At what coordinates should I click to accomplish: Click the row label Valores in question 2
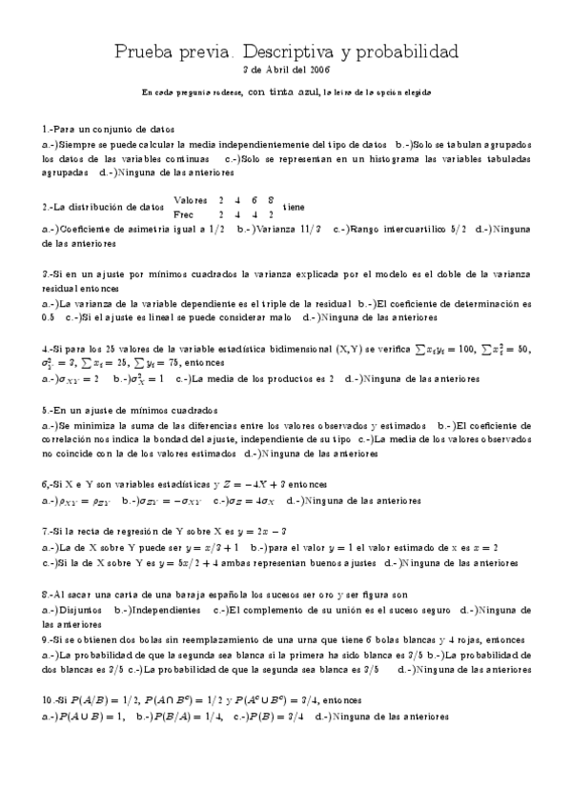click(x=191, y=200)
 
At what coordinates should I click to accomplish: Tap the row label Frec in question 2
click(x=185, y=214)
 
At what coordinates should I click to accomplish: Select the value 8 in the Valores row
click(x=272, y=200)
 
